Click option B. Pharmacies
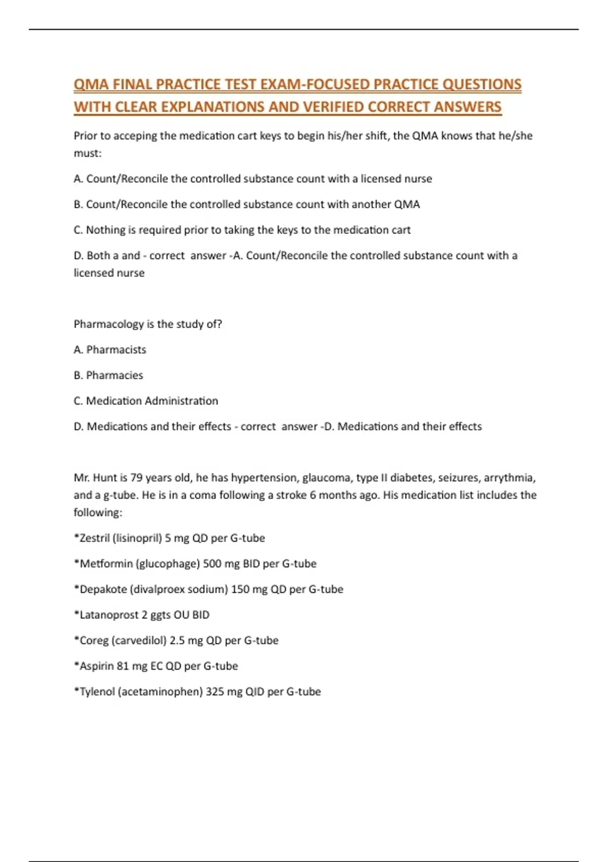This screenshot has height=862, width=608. coord(108,375)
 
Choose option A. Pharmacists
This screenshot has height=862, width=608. coord(110,349)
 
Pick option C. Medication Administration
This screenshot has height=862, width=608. coord(146,401)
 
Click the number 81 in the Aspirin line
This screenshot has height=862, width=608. coord(123,666)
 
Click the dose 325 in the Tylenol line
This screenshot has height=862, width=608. coord(215,692)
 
